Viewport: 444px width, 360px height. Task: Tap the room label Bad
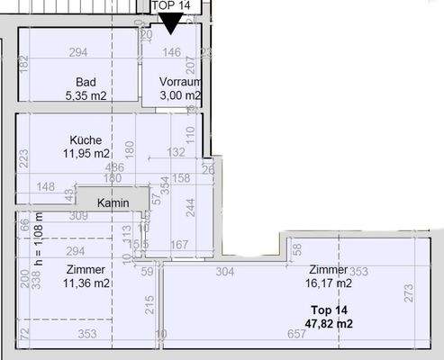pos(86,80)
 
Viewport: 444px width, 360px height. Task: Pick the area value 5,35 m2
pos(86,94)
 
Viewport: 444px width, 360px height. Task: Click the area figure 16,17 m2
pos(330,283)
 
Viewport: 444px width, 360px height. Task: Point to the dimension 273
pos(407,292)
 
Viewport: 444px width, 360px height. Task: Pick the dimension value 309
pos(78,216)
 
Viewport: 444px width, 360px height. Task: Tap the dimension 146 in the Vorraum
pos(171,53)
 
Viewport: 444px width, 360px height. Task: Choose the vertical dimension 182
pos(24,64)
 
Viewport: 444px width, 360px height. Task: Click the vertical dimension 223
pos(24,157)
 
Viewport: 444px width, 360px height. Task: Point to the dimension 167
pos(178,245)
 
